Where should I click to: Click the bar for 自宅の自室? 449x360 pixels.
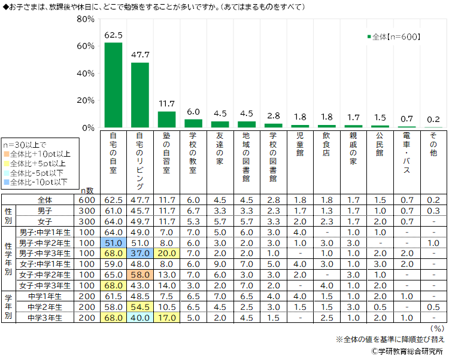coord(114,85)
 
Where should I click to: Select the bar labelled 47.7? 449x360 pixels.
coord(140,95)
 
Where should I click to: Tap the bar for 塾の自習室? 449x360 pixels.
coord(166,120)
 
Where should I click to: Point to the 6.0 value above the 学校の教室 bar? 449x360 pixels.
coord(193,112)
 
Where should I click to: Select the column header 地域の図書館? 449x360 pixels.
coord(246,157)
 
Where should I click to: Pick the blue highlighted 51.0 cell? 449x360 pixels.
coord(114,242)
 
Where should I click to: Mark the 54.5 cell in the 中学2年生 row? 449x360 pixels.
coord(140,307)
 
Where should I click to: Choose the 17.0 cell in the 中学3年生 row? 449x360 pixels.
coord(166,317)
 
